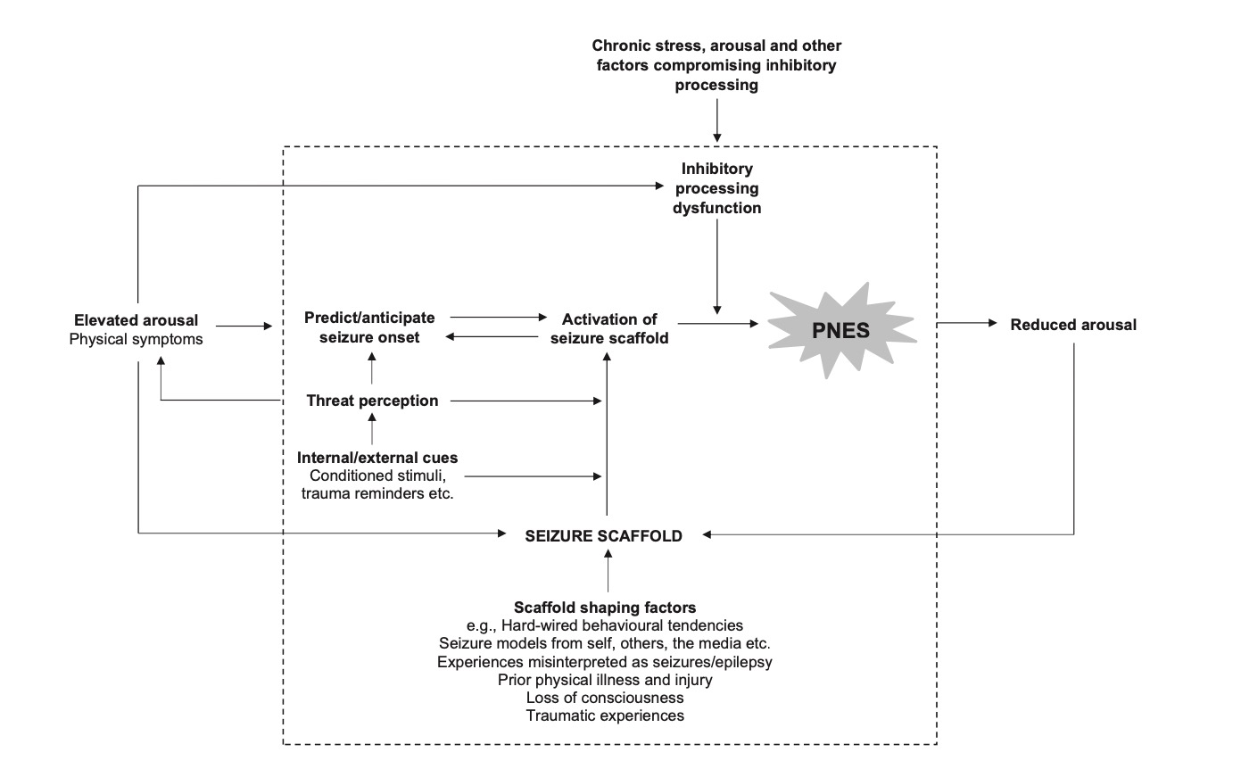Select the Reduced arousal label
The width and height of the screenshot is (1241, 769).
point(1073,325)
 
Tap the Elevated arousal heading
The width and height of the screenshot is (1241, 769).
point(137,319)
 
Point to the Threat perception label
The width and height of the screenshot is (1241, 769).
point(372,401)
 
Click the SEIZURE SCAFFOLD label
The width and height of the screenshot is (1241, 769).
point(604,535)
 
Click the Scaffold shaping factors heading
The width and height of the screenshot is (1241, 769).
point(605,608)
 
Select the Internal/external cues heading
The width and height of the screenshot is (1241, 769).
point(377,457)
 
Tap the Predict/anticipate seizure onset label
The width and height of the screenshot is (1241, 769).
point(369,327)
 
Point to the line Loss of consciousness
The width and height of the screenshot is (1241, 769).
point(605,697)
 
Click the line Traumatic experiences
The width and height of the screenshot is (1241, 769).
point(605,715)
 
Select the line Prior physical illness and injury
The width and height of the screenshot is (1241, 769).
point(605,679)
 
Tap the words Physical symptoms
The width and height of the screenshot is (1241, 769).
point(136,338)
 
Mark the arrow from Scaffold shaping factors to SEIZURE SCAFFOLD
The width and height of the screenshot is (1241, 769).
point(608,571)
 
